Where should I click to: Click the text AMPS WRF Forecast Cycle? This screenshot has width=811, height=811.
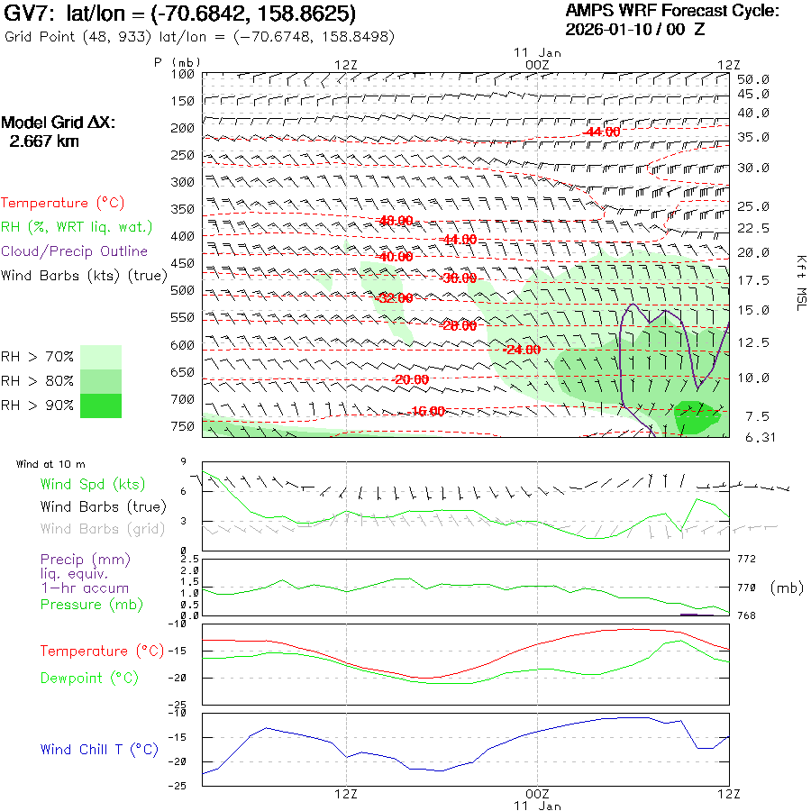click(x=671, y=11)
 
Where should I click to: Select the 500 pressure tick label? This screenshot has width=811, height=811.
click(x=183, y=290)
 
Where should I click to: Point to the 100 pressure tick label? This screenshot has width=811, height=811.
click(x=183, y=74)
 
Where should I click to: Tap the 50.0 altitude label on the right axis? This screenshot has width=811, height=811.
click(x=752, y=79)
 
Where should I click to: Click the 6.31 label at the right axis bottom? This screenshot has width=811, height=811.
click(x=752, y=438)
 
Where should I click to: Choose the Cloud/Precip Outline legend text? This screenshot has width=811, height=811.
click(x=75, y=251)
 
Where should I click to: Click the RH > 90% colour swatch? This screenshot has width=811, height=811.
click(x=101, y=405)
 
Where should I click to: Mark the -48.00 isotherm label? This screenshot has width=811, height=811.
click(x=396, y=221)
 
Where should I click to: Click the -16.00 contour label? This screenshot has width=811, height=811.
click(x=426, y=411)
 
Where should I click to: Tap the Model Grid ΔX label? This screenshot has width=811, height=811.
click(x=59, y=123)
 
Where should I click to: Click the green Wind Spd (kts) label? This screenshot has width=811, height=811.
click(x=93, y=485)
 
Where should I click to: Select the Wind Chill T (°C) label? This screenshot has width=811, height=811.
click(x=99, y=750)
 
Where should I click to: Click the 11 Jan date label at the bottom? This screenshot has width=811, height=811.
click(x=537, y=805)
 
